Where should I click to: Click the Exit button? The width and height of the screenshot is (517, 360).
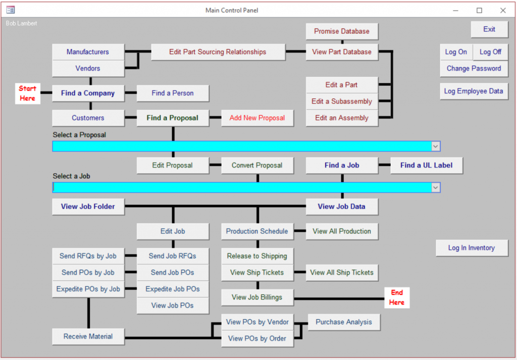489,29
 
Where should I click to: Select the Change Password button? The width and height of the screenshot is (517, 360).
474,69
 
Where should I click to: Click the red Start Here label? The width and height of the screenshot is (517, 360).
28,93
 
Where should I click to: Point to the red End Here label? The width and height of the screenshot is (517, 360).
397,297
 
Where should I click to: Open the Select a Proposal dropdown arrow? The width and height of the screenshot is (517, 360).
436,146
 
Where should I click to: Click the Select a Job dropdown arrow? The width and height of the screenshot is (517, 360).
436,187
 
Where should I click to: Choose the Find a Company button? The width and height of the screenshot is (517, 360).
88,93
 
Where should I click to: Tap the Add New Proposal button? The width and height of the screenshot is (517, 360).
257,118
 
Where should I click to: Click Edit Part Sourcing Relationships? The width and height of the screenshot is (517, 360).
218,52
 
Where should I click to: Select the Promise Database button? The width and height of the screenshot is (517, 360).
342,31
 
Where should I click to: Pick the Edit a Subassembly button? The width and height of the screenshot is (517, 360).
342,101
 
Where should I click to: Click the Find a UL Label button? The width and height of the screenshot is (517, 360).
426,165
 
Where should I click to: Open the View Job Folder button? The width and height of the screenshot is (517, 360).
88,207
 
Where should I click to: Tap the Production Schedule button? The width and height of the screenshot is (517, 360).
257,231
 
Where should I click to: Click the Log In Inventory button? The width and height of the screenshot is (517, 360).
472,248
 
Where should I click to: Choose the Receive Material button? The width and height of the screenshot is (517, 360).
88,336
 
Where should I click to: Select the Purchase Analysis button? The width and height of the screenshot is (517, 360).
343,322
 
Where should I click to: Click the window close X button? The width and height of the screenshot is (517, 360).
503,10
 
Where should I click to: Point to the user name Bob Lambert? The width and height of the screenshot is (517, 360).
21,23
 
